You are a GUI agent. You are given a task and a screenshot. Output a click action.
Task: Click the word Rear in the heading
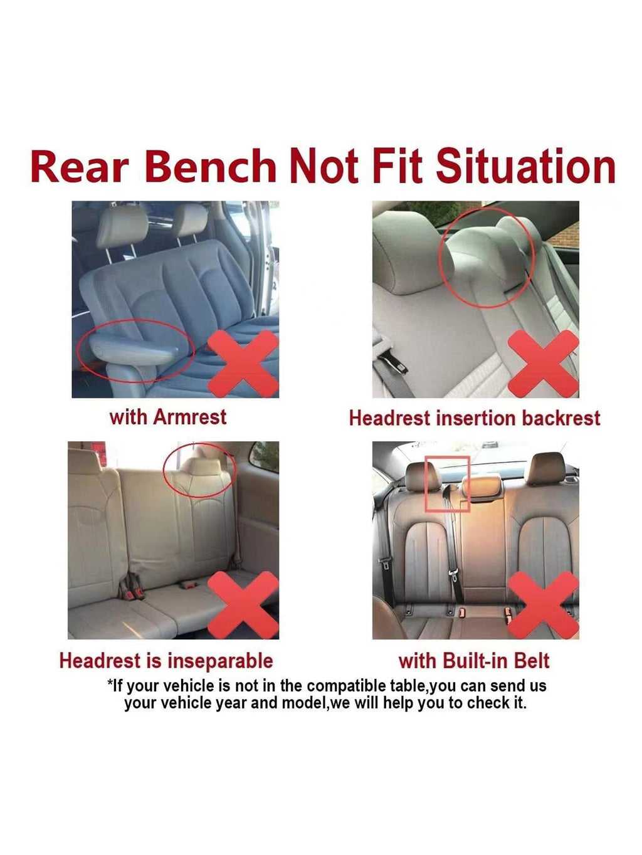(x=80, y=166)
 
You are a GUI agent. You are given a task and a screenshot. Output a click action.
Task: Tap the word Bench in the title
(x=211, y=166)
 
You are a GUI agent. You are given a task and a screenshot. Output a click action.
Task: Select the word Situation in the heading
(x=525, y=165)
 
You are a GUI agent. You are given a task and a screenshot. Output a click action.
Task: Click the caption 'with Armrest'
(x=167, y=417)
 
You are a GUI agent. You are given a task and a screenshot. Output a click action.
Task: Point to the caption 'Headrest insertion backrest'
(x=475, y=418)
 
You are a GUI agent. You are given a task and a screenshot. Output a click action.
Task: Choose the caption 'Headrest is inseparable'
(x=166, y=661)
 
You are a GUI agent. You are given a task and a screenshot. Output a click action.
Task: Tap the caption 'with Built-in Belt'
(x=474, y=661)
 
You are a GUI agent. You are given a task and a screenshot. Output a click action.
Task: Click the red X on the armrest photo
(x=243, y=364)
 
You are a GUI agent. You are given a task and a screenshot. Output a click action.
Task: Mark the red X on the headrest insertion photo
(x=544, y=364)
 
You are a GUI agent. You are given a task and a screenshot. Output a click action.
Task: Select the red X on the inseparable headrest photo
(x=243, y=605)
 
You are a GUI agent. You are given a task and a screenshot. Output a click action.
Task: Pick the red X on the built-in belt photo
(x=544, y=605)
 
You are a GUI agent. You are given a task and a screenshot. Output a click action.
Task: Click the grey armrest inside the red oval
(x=134, y=349)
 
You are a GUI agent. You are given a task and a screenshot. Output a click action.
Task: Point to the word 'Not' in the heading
(x=324, y=166)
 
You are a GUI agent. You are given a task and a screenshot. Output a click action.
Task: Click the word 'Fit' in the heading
(x=397, y=165)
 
